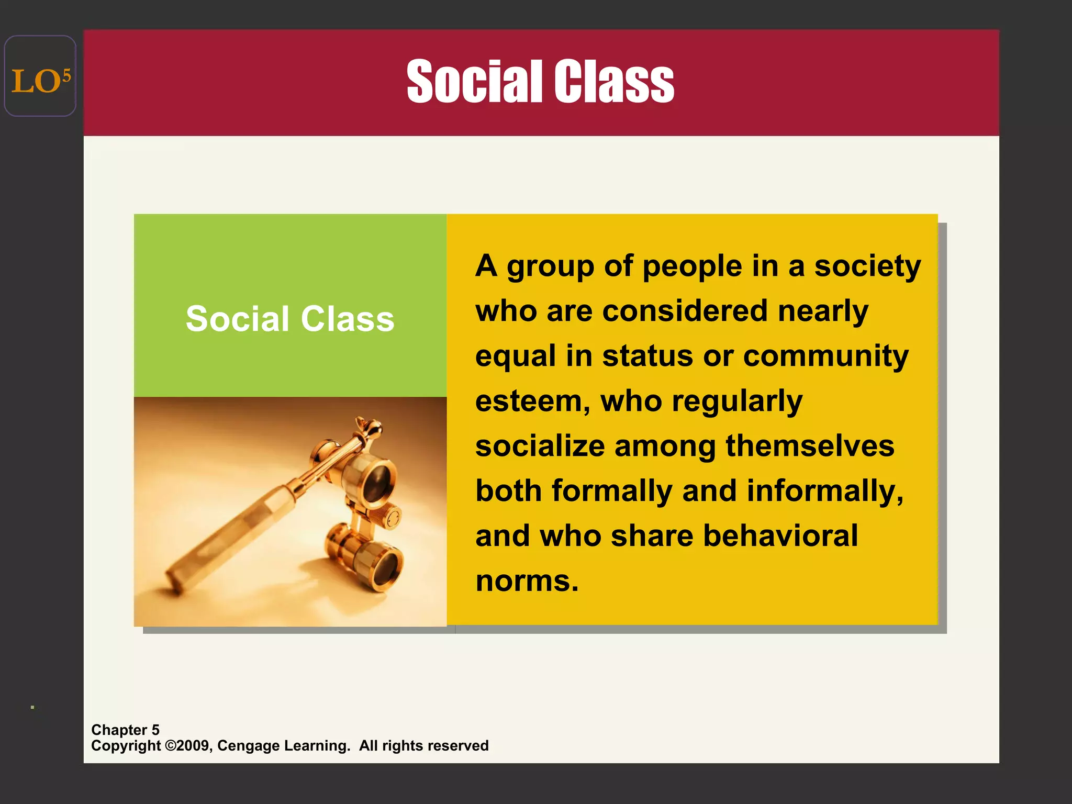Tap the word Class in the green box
tap(347, 319)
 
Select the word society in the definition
tap(867, 267)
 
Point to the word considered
tap(685, 311)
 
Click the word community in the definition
tap(825, 356)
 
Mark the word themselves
tap(810, 446)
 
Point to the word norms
tap(527, 581)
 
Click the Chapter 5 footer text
tap(125, 730)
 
